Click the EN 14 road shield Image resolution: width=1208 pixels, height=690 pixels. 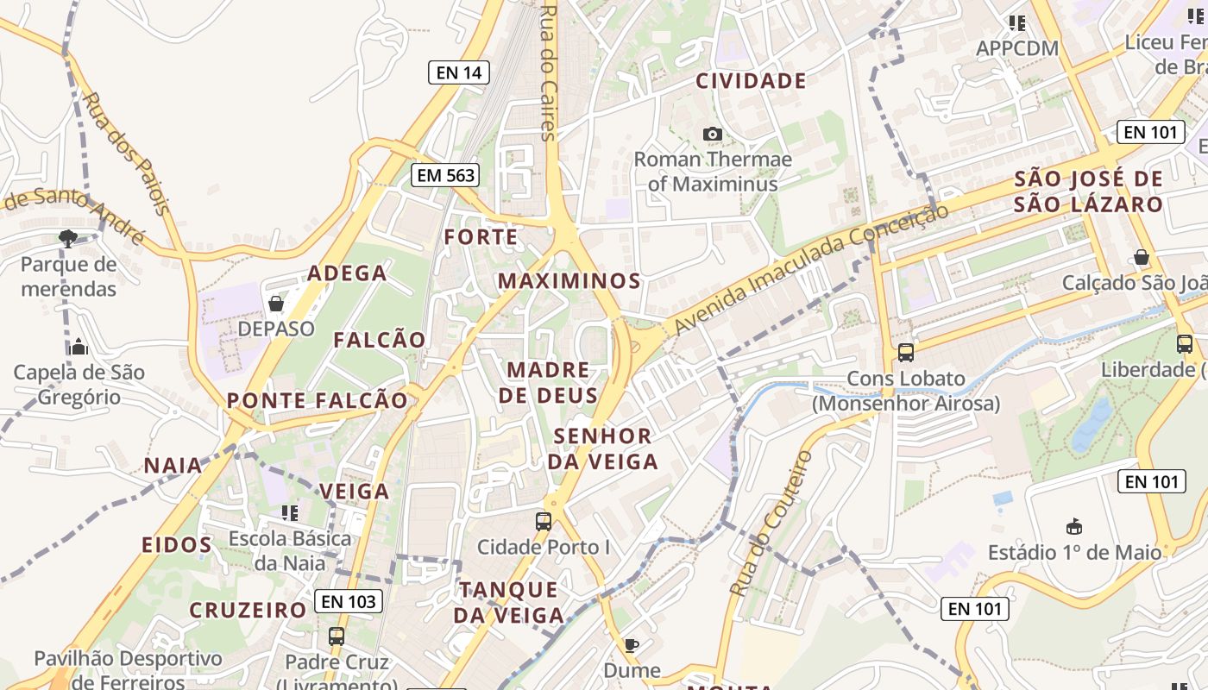coord(459,72)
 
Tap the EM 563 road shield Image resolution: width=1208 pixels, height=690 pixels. coord(445,175)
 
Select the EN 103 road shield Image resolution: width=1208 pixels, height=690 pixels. coord(349,601)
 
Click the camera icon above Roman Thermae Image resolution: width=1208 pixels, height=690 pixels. coord(713,134)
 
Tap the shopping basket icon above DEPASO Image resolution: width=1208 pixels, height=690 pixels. coord(276,304)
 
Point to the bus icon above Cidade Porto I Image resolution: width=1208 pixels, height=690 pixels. coord(544,521)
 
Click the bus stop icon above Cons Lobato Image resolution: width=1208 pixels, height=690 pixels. coord(906,352)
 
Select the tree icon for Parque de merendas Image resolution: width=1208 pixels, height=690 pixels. coord(68,238)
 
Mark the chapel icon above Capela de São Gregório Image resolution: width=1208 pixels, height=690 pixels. coord(79,347)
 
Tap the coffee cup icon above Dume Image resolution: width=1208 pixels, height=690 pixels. coord(632,645)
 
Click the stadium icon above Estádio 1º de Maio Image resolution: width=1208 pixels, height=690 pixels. coord(1074,526)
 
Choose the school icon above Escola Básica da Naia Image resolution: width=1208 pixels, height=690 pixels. coord(290,513)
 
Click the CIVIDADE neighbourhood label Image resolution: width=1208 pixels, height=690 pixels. coord(751,81)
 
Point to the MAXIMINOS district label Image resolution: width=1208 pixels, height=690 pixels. coord(569,281)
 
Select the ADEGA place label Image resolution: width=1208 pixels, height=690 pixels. coord(348,273)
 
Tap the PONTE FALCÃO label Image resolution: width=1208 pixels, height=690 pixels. coord(317,400)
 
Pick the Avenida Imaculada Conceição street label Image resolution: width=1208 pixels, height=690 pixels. coord(811,268)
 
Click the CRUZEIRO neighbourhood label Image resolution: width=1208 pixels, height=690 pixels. coord(249,610)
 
